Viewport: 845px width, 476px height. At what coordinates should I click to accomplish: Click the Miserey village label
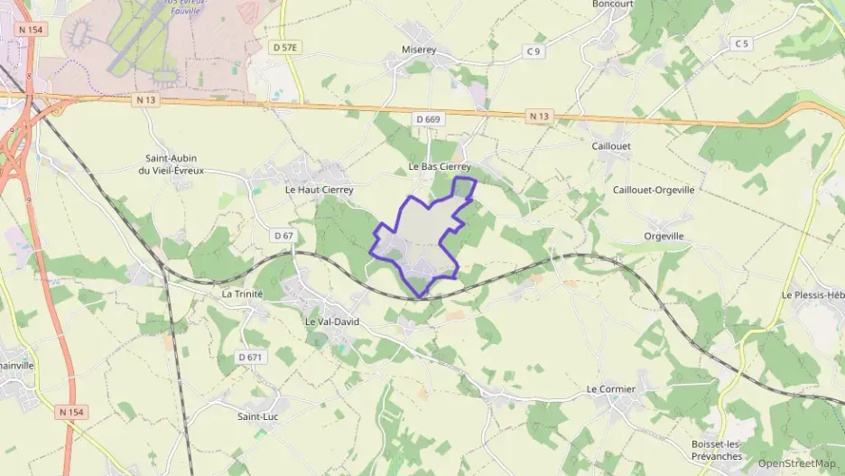point(419,51)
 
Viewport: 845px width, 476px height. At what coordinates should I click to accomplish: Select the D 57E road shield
point(283,45)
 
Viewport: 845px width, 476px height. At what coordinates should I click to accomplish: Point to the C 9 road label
point(534,51)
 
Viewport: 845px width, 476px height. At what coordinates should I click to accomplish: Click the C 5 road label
point(742,43)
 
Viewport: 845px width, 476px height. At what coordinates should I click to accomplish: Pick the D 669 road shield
point(428,119)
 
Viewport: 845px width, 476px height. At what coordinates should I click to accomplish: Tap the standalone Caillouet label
point(611,145)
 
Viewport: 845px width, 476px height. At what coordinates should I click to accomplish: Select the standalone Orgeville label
point(664,236)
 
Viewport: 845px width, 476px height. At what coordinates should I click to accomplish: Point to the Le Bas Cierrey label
point(440,167)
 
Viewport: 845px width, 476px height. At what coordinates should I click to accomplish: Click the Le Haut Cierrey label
point(319,190)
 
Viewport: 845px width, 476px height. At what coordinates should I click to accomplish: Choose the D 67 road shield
point(283,236)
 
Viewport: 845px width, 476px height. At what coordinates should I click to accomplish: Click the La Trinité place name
point(242,294)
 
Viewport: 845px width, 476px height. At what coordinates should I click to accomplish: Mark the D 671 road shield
point(254,357)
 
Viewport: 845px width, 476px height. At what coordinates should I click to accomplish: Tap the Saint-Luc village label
point(256,416)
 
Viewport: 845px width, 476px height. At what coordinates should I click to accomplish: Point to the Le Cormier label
point(611,389)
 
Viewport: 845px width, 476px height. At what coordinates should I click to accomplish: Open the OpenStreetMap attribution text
point(796,463)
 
